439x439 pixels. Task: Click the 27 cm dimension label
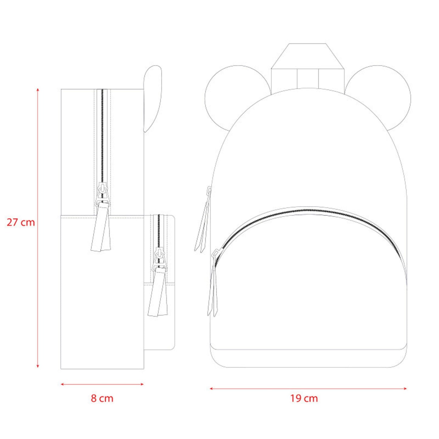pos(21,222)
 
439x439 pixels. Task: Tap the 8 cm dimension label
pos(102,398)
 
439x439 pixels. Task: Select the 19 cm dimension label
pos(304,398)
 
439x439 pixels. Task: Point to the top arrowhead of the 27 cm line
pos(38,90)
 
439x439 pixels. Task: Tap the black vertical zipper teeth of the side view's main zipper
pos(102,137)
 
